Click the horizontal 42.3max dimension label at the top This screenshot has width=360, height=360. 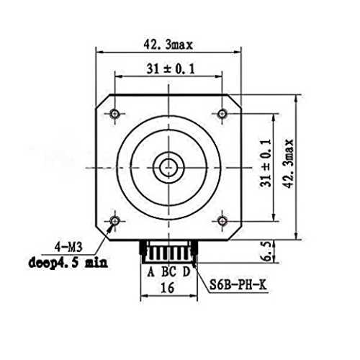pyautogui.click(x=168, y=45)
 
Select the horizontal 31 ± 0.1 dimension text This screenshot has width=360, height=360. pyautogui.click(x=171, y=69)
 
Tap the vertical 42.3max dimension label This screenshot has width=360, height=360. pyautogui.click(x=288, y=164)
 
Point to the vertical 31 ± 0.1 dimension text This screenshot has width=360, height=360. pyautogui.click(x=266, y=163)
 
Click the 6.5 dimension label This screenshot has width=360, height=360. pyautogui.click(x=267, y=251)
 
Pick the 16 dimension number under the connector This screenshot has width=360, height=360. pyautogui.click(x=167, y=287)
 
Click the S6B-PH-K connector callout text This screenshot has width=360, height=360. pyautogui.click(x=238, y=285)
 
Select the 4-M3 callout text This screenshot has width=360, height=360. pyautogui.click(x=68, y=247)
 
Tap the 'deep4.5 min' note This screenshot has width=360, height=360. pyautogui.click(x=68, y=263)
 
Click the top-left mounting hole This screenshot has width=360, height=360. pyautogui.click(x=114, y=114)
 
